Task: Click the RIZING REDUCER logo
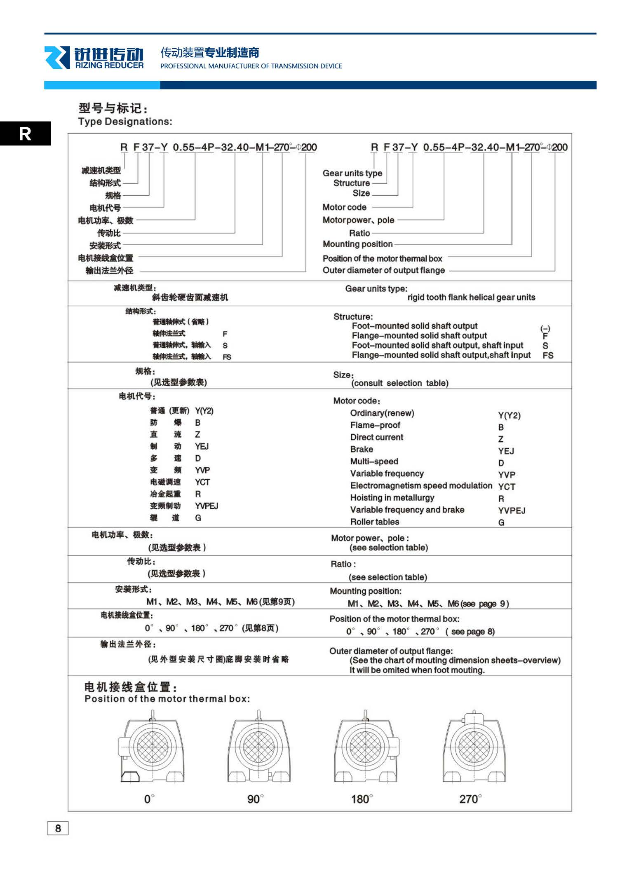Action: coord(94,58)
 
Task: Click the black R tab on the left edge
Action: coord(25,134)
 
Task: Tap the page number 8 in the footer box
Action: coord(58,828)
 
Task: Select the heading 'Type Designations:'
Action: coord(125,122)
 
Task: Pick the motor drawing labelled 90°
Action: coord(259,747)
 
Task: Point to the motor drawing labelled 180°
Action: coord(366,747)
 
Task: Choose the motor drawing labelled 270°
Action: coord(474,747)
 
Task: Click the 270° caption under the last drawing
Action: coord(470,799)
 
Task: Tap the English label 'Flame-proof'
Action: coord(375,425)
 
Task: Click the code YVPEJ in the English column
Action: coord(512,511)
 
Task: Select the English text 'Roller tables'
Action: coord(375,522)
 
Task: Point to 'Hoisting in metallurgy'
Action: coord(392,498)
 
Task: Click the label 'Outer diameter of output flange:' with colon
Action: coord(391,651)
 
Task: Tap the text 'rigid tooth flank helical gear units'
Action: coord(471,297)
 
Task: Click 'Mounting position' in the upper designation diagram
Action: coord(357,244)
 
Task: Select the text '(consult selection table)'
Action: coord(399,383)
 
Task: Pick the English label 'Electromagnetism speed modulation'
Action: coord(421,486)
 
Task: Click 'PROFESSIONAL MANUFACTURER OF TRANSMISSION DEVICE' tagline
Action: coord(251,66)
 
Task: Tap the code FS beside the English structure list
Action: coord(548,356)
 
